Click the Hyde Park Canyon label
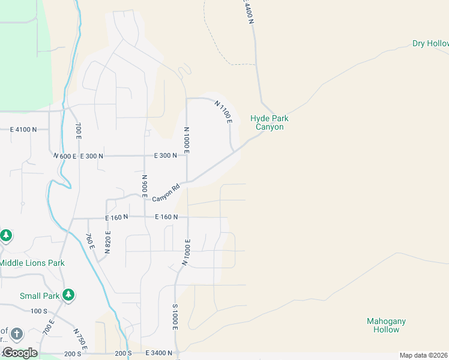point(267,122)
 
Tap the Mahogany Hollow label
point(386,325)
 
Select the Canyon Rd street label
point(166,193)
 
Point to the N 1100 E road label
point(223,112)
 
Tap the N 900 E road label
point(145,187)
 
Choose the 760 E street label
point(90,241)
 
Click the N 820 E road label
point(108,242)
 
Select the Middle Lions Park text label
point(32,263)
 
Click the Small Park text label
point(40,296)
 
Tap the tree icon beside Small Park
point(69,294)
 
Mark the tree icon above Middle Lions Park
point(6,235)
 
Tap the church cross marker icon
point(17,333)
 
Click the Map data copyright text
point(423,355)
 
